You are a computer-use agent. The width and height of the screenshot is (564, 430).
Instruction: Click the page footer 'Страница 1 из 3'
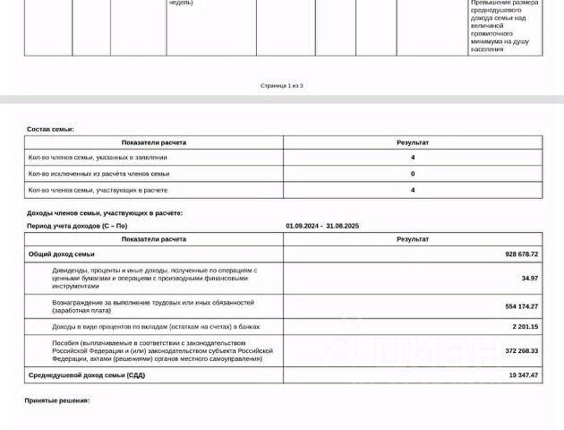pyautogui.click(x=282, y=86)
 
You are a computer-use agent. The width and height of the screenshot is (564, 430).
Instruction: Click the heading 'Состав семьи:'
pyautogui.click(x=50, y=130)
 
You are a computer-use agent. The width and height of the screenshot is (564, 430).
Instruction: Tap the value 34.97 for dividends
pyautogui.click(x=529, y=278)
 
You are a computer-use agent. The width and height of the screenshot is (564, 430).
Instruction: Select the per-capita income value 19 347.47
pyautogui.click(x=522, y=375)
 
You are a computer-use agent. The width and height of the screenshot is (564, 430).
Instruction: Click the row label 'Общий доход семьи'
pyautogui.click(x=62, y=254)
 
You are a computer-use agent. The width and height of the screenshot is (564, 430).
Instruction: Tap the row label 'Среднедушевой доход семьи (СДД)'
pyautogui.click(x=87, y=375)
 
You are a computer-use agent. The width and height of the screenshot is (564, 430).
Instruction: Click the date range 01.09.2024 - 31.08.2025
pyautogui.click(x=322, y=227)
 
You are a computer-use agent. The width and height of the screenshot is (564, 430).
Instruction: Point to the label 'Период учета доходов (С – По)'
pyautogui.click(x=77, y=227)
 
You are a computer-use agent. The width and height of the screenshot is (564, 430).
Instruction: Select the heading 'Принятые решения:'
pyautogui.click(x=57, y=400)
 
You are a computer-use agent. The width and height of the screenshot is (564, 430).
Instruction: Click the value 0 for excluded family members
pyautogui.click(x=413, y=174)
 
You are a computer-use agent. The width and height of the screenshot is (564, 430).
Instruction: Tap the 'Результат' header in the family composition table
pyautogui.click(x=413, y=142)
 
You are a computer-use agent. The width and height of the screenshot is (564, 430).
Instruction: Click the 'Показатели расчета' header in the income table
pyautogui.click(x=154, y=239)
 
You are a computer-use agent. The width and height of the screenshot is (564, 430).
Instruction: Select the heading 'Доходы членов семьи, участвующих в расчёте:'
pyautogui.click(x=105, y=213)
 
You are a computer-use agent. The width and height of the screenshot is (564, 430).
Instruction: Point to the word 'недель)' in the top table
pyautogui.click(x=181, y=3)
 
